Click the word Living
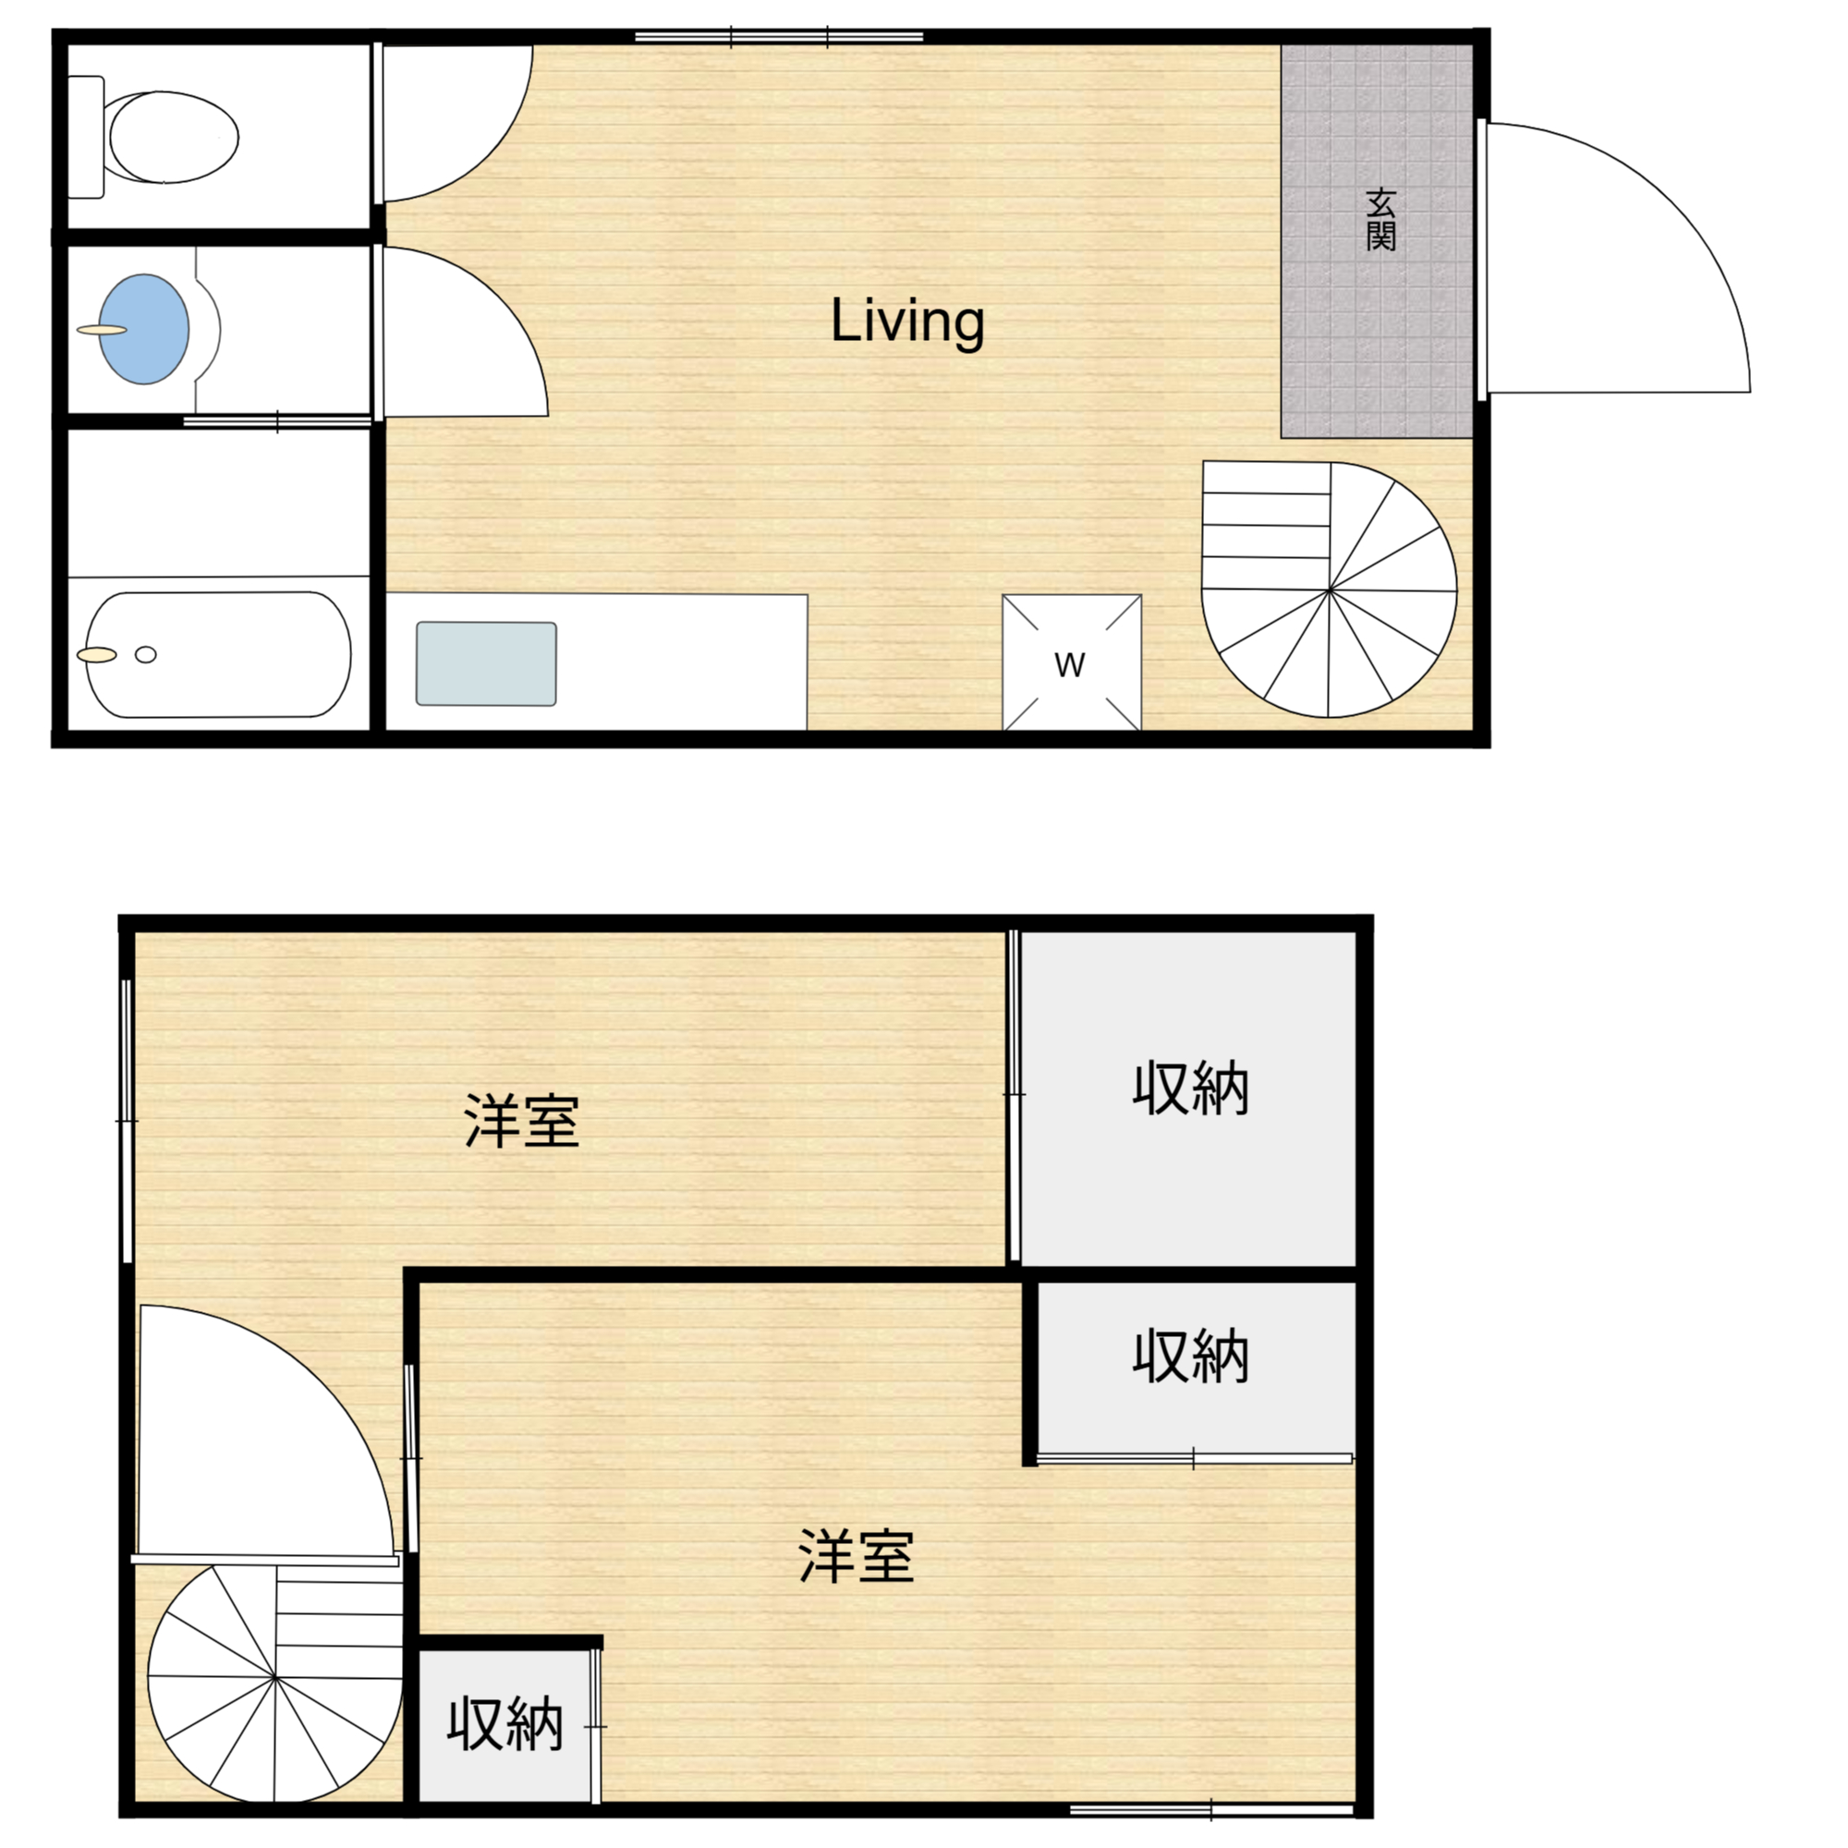point(906,322)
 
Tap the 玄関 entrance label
point(1380,220)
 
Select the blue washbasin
point(144,329)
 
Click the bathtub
point(218,654)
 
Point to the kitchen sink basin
point(486,663)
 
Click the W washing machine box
point(1071,663)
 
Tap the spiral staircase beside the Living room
point(1329,590)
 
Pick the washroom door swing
point(465,332)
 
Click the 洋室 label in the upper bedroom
point(521,1121)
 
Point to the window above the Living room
point(779,37)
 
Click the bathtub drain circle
point(145,655)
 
